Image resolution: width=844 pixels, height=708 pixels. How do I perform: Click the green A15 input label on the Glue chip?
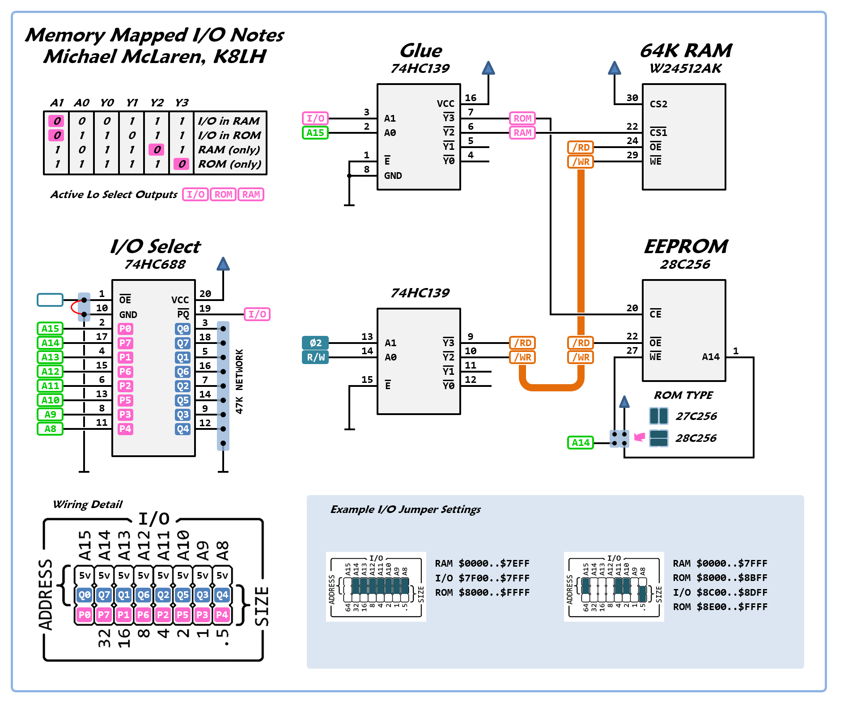pyautogui.click(x=315, y=133)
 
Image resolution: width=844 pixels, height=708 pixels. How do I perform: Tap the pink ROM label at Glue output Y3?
pyautogui.click(x=522, y=119)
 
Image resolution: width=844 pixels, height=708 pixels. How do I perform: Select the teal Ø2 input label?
pyautogui.click(x=315, y=343)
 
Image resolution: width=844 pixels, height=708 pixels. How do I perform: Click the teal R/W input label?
pyautogui.click(x=315, y=357)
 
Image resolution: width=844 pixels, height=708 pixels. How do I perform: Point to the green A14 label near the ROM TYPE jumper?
pyautogui.click(x=581, y=443)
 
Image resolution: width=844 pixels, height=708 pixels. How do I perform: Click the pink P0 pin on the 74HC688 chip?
pyautogui.click(x=125, y=329)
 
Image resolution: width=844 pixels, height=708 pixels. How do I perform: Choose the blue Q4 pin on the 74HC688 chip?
pyautogui.click(x=183, y=429)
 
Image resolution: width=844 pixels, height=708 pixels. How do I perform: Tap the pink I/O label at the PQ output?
pyautogui.click(x=257, y=314)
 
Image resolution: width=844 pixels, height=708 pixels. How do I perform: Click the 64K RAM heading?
pyautogui.click(x=686, y=51)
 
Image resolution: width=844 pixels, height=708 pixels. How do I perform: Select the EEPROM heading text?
pyautogui.click(x=686, y=246)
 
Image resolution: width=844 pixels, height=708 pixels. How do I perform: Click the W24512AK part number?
pyautogui.click(x=686, y=68)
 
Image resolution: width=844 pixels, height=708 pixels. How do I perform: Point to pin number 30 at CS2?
pyautogui.click(x=632, y=98)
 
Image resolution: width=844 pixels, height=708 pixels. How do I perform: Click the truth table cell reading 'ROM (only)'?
pyautogui.click(x=229, y=164)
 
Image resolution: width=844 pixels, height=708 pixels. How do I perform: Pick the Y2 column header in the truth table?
pyautogui.click(x=157, y=103)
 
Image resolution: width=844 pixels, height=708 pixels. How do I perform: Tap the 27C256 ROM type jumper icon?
pyautogui.click(x=659, y=416)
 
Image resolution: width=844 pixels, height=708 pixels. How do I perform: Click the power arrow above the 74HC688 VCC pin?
pyautogui.click(x=223, y=264)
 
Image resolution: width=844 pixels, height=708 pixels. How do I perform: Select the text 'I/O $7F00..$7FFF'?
pyautogui.click(x=482, y=578)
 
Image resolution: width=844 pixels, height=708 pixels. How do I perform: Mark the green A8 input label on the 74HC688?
pyautogui.click(x=50, y=429)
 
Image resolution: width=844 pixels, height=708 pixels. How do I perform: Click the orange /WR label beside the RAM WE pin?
pyautogui.click(x=581, y=161)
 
